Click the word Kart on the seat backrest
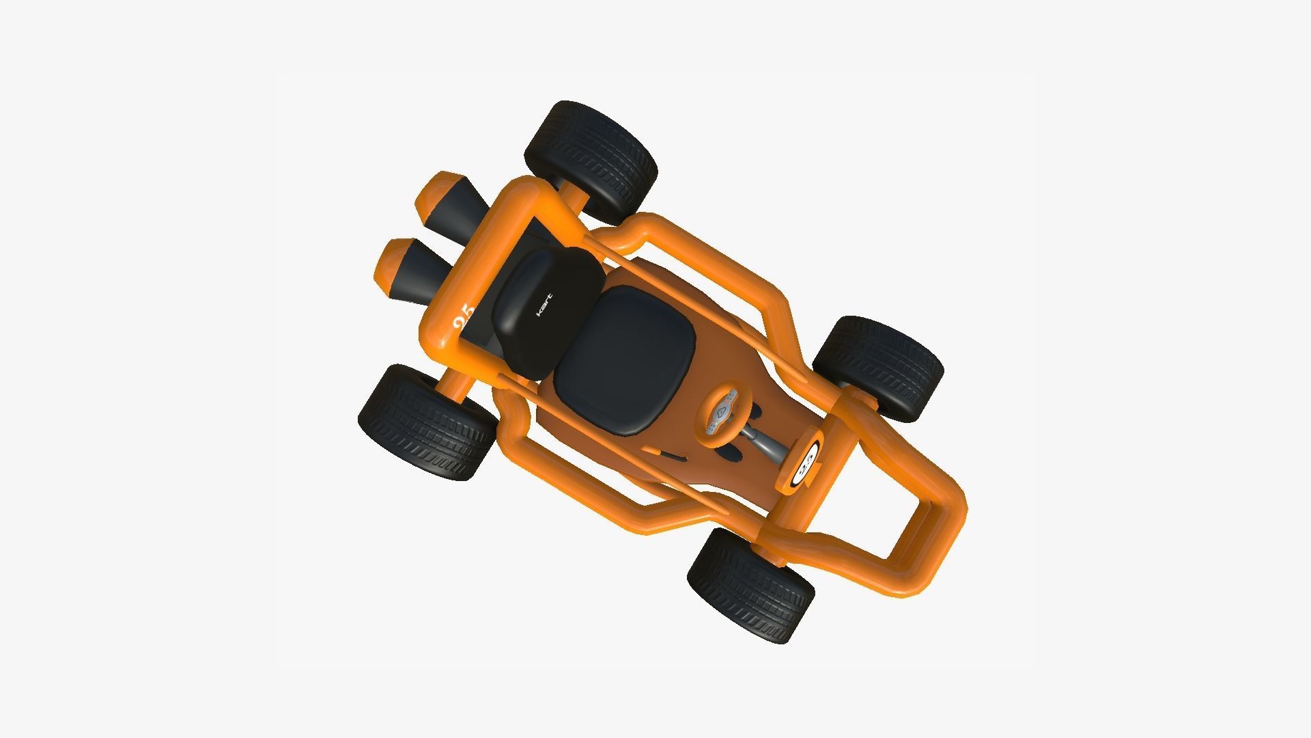544,304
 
